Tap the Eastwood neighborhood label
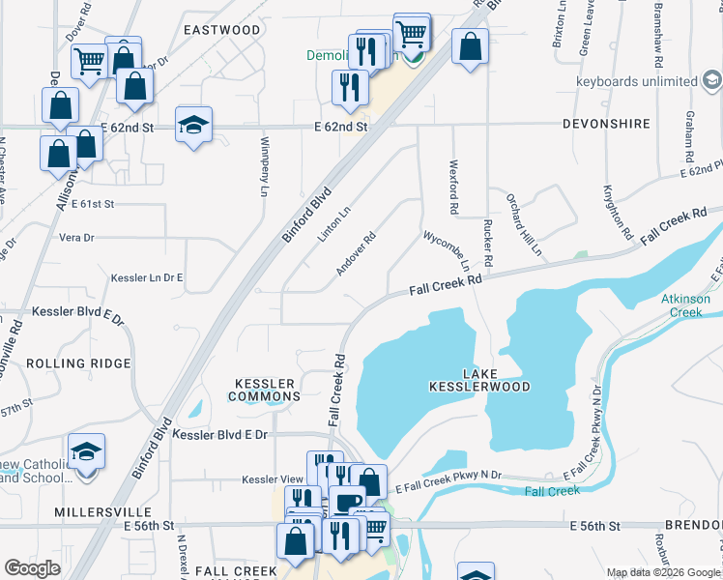222,30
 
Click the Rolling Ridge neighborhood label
78,362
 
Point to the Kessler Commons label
264,389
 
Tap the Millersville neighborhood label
101,510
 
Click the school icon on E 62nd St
194,125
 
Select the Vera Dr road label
76,237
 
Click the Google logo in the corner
32,567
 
